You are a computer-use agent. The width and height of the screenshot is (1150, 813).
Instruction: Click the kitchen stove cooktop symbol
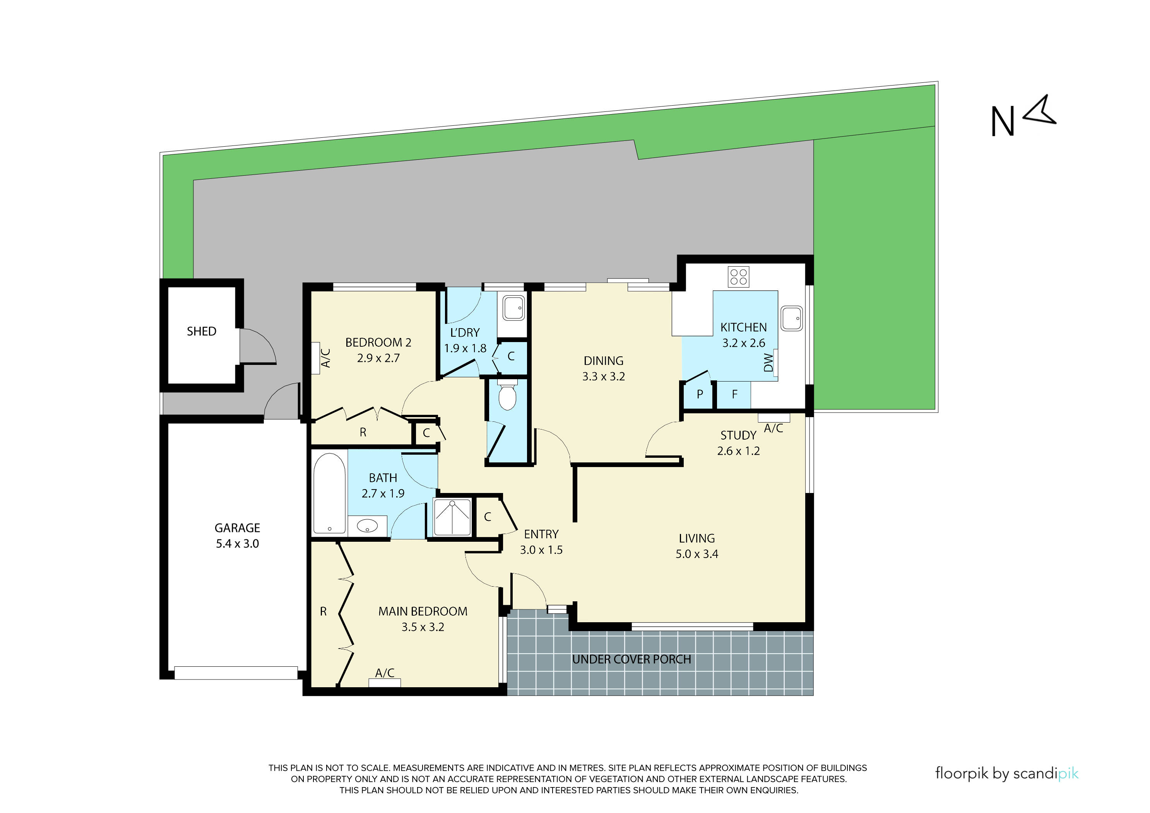click(x=738, y=277)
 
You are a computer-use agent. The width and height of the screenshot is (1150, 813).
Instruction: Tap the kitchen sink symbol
click(x=792, y=318)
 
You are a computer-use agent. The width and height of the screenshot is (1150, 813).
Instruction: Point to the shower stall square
click(x=452, y=517)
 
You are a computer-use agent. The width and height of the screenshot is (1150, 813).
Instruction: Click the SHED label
click(x=201, y=331)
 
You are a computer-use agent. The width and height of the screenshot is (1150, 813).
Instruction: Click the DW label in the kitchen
click(x=768, y=363)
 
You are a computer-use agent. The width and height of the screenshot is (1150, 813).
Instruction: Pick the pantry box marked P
click(x=700, y=394)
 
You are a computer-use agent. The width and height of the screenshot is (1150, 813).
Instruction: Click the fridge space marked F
click(x=734, y=394)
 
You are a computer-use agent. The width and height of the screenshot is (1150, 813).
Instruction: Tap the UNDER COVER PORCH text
click(x=631, y=659)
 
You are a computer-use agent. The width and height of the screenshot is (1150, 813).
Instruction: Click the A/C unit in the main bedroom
click(x=385, y=682)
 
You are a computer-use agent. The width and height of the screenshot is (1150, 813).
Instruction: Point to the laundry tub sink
click(x=513, y=308)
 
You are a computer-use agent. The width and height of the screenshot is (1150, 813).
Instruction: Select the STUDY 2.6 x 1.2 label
click(x=738, y=443)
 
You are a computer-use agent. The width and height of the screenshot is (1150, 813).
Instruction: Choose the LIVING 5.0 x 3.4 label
click(x=697, y=546)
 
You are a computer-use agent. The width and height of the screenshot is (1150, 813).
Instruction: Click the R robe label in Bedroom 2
click(x=363, y=432)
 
